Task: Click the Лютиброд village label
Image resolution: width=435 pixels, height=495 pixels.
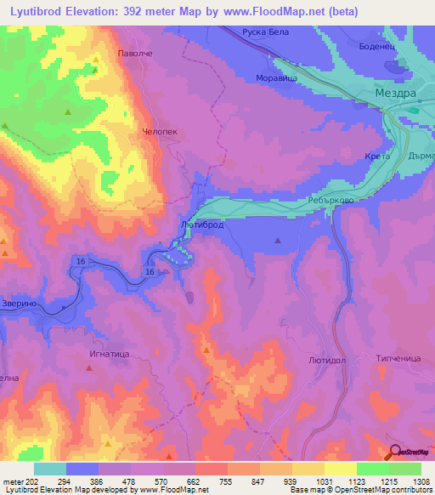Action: (202, 225)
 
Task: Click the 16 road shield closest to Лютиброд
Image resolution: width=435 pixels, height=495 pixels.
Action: (150, 271)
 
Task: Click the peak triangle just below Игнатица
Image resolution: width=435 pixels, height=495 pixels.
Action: (89, 367)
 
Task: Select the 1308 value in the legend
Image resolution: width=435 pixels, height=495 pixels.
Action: (420, 481)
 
